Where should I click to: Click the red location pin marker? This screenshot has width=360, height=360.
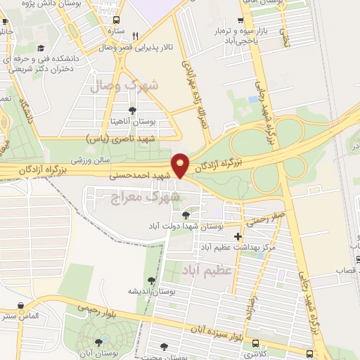pyautogui.click(x=181, y=165)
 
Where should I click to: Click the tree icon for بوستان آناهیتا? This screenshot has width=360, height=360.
pyautogui.click(x=132, y=110)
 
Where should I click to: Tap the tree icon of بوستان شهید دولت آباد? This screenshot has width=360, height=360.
pyautogui.click(x=186, y=215)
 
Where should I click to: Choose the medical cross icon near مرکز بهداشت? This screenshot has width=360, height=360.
pyautogui.click(x=238, y=236)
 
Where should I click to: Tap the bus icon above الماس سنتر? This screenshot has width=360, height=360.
pyautogui.click(x=20, y=307)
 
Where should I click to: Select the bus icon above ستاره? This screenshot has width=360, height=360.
pyautogui.click(x=116, y=20)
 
